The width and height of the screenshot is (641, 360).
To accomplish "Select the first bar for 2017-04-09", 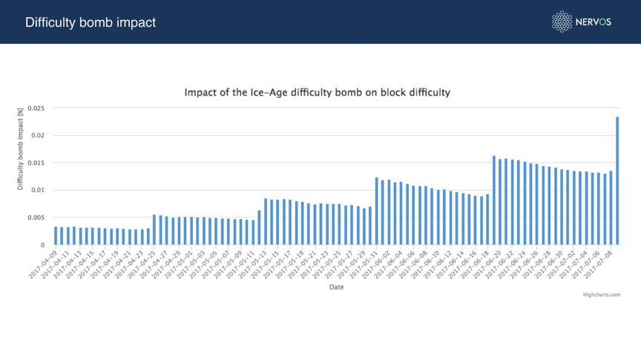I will coord(56,236).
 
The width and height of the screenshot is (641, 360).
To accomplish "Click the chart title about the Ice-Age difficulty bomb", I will coord(317,94).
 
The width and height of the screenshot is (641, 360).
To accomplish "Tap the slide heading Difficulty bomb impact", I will coord(91,22).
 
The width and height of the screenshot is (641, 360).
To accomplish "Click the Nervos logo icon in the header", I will coord(562,22).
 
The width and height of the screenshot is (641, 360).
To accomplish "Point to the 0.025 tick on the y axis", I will coord(35,108).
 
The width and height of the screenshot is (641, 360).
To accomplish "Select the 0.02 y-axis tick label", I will coord(37,136).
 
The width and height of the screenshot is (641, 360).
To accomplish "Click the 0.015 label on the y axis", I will coord(35,163).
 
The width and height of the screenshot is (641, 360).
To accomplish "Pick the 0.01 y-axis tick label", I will coord(37,191).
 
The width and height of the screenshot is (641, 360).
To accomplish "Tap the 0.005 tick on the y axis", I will coord(35,217).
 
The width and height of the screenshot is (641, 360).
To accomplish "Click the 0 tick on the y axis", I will coord(42,245).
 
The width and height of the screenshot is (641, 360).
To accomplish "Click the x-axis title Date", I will coord(336,288).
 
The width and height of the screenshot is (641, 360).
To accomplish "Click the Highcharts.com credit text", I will coord(602,294).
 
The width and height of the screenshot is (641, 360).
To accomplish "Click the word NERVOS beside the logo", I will coord(594,22).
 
